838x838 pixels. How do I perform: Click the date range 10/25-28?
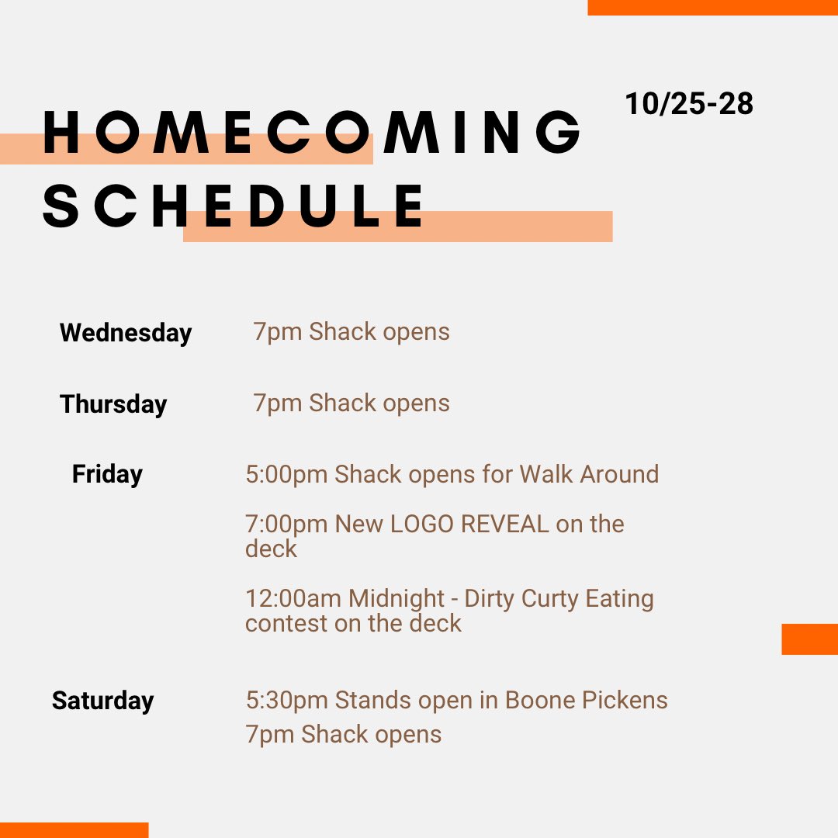tap(689, 103)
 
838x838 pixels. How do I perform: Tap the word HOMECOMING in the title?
tap(312, 133)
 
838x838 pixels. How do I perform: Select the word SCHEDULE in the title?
tap(234, 206)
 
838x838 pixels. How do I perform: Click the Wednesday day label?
tap(126, 333)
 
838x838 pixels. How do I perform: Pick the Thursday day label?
tap(113, 404)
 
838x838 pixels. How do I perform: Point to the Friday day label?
tap(107, 474)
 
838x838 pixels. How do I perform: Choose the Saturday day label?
tap(102, 701)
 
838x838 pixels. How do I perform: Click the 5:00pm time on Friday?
tap(286, 474)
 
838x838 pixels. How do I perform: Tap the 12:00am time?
tap(293, 599)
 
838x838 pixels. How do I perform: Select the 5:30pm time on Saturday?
tap(286, 701)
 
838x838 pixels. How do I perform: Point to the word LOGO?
tap(422, 524)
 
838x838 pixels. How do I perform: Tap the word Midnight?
tap(397, 599)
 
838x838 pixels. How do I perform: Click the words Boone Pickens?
tap(586, 700)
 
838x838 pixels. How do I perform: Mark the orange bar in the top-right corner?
tap(712, 7)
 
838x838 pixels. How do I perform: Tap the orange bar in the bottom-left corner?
tap(74, 830)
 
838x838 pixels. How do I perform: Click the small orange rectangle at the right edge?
tap(809, 639)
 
